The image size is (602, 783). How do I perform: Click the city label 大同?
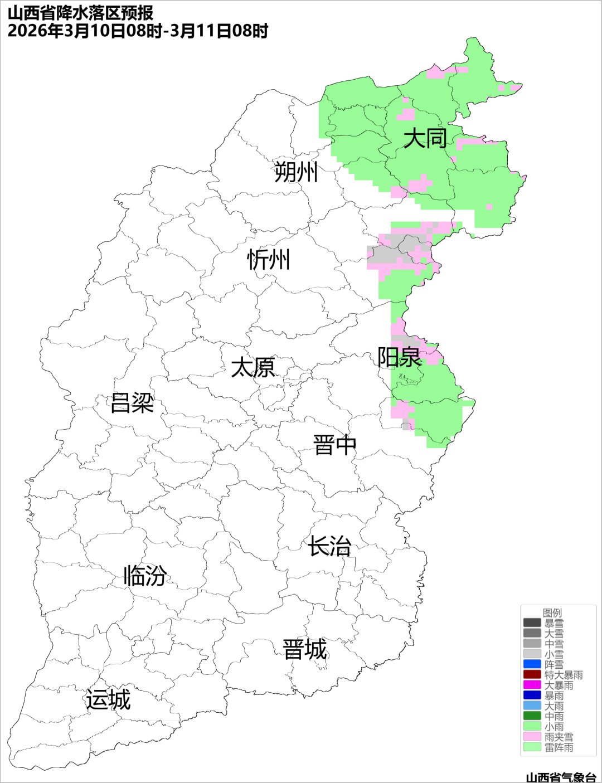click(425, 138)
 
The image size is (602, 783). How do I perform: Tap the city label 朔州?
click(295, 172)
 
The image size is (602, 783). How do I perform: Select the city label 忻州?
click(269, 260)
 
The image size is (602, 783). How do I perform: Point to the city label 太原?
click(253, 368)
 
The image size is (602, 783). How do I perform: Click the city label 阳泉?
click(399, 357)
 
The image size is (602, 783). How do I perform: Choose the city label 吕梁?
click(132, 403)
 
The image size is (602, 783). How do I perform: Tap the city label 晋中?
click(334, 446)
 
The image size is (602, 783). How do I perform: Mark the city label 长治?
click(329, 546)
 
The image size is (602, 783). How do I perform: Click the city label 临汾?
click(145, 576)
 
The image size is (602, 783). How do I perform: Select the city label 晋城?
click(305, 650)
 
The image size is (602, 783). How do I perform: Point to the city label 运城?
click(108, 700)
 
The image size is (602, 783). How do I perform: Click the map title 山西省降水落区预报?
click(81, 12)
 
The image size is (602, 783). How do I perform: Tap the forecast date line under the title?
click(138, 31)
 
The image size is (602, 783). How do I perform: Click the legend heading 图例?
click(552, 613)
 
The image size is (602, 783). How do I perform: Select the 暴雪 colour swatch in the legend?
click(532, 623)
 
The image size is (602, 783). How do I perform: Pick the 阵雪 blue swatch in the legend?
click(532, 664)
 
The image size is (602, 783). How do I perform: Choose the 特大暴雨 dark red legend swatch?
click(532, 674)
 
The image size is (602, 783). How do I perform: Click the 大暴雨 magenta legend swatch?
click(532, 685)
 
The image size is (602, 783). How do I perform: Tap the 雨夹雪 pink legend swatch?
click(532, 736)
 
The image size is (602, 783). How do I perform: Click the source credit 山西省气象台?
click(561, 777)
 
